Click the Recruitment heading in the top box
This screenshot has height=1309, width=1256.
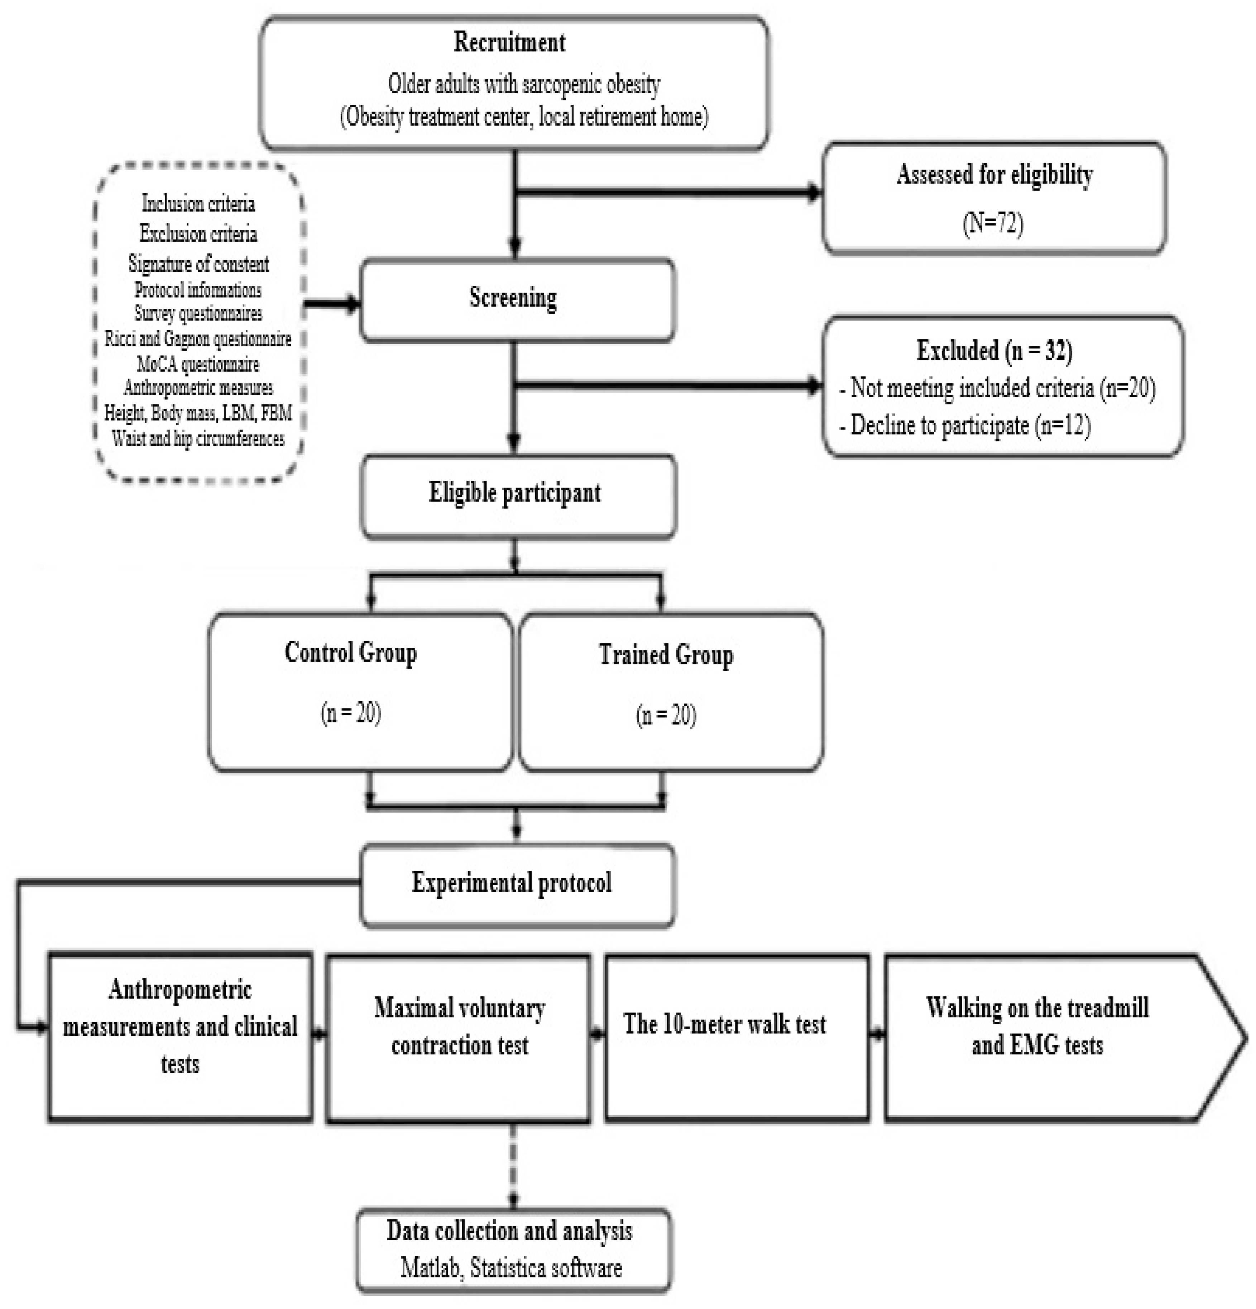(x=509, y=42)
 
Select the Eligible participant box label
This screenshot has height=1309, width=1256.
(x=514, y=493)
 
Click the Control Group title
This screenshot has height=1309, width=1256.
(x=350, y=653)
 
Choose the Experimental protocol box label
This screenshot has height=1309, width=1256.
(x=511, y=883)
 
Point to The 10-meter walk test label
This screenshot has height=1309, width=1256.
(x=724, y=1024)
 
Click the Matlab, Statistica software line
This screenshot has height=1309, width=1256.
(x=511, y=1268)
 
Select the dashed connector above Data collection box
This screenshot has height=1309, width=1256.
(x=513, y=1166)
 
